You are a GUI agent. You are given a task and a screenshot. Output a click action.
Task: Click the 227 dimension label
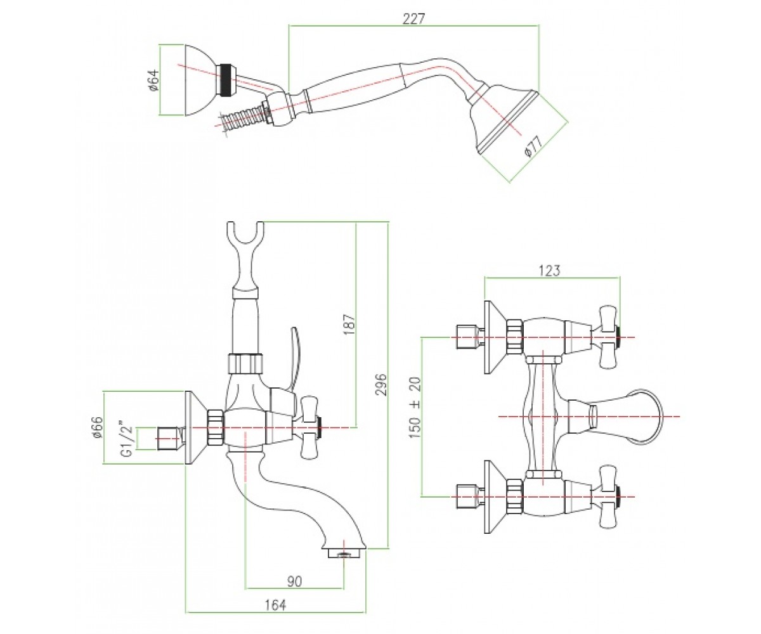coord(414,19)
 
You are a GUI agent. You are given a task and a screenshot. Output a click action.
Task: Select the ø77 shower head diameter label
coord(534,146)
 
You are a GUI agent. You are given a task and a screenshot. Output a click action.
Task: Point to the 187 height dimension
coord(349,325)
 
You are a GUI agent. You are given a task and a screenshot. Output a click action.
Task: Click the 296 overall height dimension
coord(380,384)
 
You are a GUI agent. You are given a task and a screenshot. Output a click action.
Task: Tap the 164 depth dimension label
coord(275,605)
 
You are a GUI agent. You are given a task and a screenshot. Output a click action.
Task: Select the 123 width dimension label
coord(549,270)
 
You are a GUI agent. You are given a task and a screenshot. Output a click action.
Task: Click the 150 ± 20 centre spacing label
coord(415,408)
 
